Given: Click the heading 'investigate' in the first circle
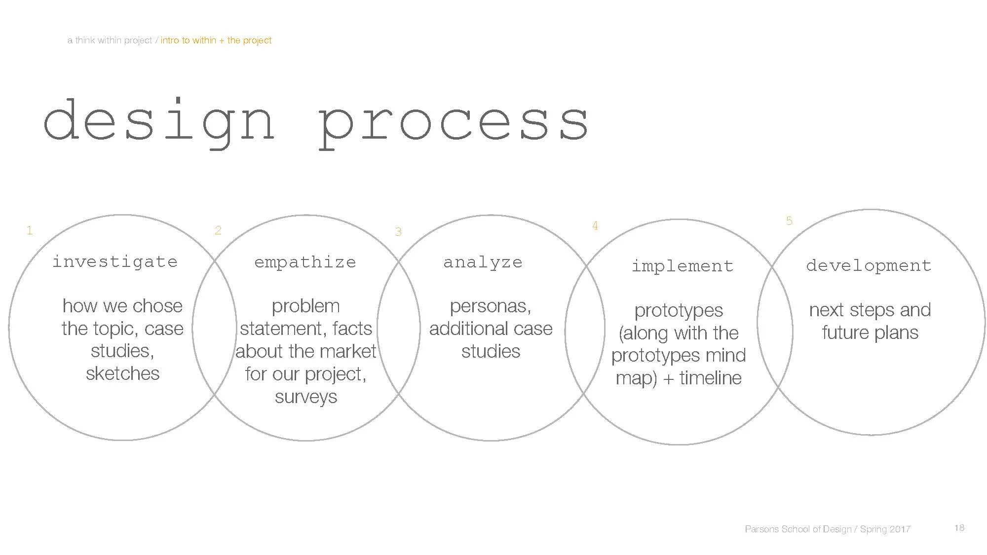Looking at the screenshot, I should [115, 261].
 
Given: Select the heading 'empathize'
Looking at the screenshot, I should [305, 262].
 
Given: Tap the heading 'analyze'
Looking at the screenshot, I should [483, 262].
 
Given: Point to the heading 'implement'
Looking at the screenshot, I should [683, 266].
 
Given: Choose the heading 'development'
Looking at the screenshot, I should [869, 265].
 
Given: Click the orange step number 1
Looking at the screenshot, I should [30, 230].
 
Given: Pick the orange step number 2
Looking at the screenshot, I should [218, 230].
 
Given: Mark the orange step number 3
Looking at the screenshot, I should [398, 232].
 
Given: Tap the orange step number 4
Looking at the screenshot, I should [595, 226].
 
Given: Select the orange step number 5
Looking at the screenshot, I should [789, 221].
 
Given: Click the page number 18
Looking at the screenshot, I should [959, 528].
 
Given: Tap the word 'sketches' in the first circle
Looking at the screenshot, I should [122, 373].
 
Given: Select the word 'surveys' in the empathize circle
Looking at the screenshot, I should [306, 397].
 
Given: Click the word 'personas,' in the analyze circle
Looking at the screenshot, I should [490, 306].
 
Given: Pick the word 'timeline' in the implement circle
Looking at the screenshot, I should [711, 378].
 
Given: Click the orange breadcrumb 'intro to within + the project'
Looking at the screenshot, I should [216, 40].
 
